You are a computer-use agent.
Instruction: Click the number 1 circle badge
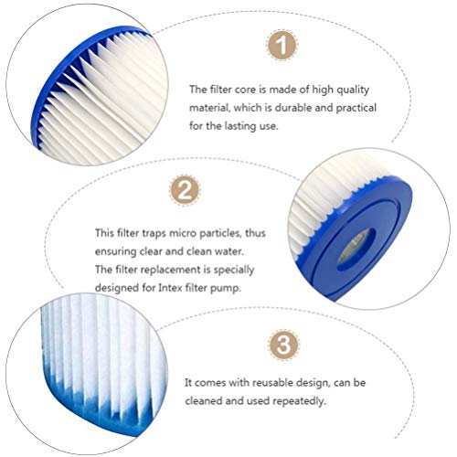(282, 44)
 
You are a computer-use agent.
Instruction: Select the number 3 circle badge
(282, 345)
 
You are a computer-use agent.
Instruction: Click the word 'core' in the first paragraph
(239, 90)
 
